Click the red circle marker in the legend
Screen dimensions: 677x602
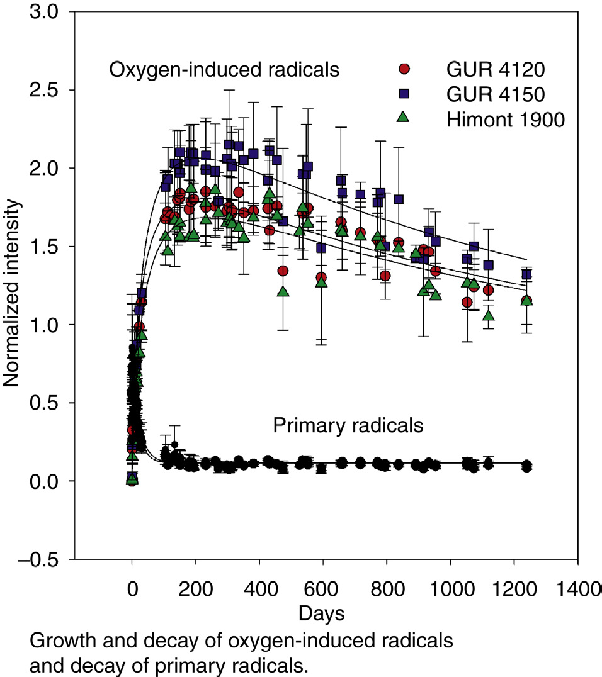click(x=405, y=68)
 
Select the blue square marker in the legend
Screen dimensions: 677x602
click(x=405, y=93)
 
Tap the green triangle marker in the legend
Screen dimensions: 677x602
click(x=405, y=117)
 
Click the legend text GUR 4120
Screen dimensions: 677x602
click(x=487, y=69)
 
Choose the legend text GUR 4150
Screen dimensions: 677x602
click(x=487, y=94)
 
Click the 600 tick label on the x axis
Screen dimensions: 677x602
click(x=323, y=592)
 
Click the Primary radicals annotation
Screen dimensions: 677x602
click(x=348, y=426)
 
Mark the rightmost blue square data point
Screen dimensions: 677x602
click(x=526, y=274)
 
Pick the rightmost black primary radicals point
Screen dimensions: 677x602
click(x=526, y=466)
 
